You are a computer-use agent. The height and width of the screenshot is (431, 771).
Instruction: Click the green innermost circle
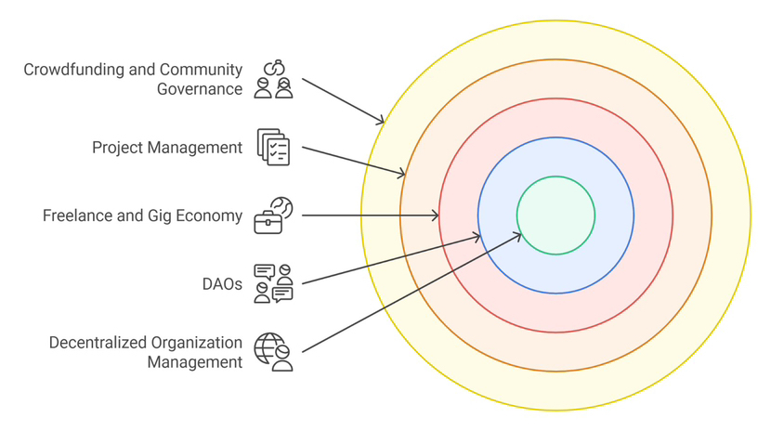click(555, 215)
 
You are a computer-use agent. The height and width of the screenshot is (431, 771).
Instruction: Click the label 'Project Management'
click(167, 148)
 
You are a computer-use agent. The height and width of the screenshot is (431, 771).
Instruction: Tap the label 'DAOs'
click(222, 284)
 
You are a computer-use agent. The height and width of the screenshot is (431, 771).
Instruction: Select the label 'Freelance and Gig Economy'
click(142, 216)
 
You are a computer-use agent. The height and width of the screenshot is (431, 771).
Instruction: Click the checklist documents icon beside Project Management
click(273, 148)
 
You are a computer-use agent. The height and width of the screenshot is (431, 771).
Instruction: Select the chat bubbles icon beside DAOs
click(273, 283)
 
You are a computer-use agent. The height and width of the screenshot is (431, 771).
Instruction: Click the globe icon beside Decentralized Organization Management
click(273, 352)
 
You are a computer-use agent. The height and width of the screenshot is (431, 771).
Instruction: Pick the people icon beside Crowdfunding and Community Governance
click(273, 80)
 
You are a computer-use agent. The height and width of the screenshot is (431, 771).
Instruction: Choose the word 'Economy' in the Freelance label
click(210, 216)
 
